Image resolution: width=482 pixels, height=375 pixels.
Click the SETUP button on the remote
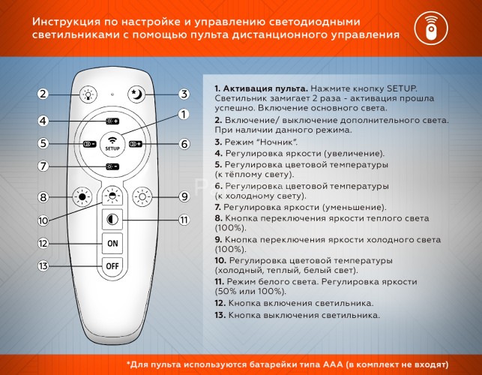pyautogui.click(x=112, y=143)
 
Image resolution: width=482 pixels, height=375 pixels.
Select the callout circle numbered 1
pyautogui.click(x=182, y=114)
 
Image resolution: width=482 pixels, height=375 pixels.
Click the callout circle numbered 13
pyautogui.click(x=43, y=266)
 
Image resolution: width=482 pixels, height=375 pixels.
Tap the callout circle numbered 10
pyautogui.click(x=43, y=220)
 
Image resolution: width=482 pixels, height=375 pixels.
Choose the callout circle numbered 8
pyautogui.click(x=43, y=197)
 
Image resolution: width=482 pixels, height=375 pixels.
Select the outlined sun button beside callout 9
pyautogui.click(x=142, y=198)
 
